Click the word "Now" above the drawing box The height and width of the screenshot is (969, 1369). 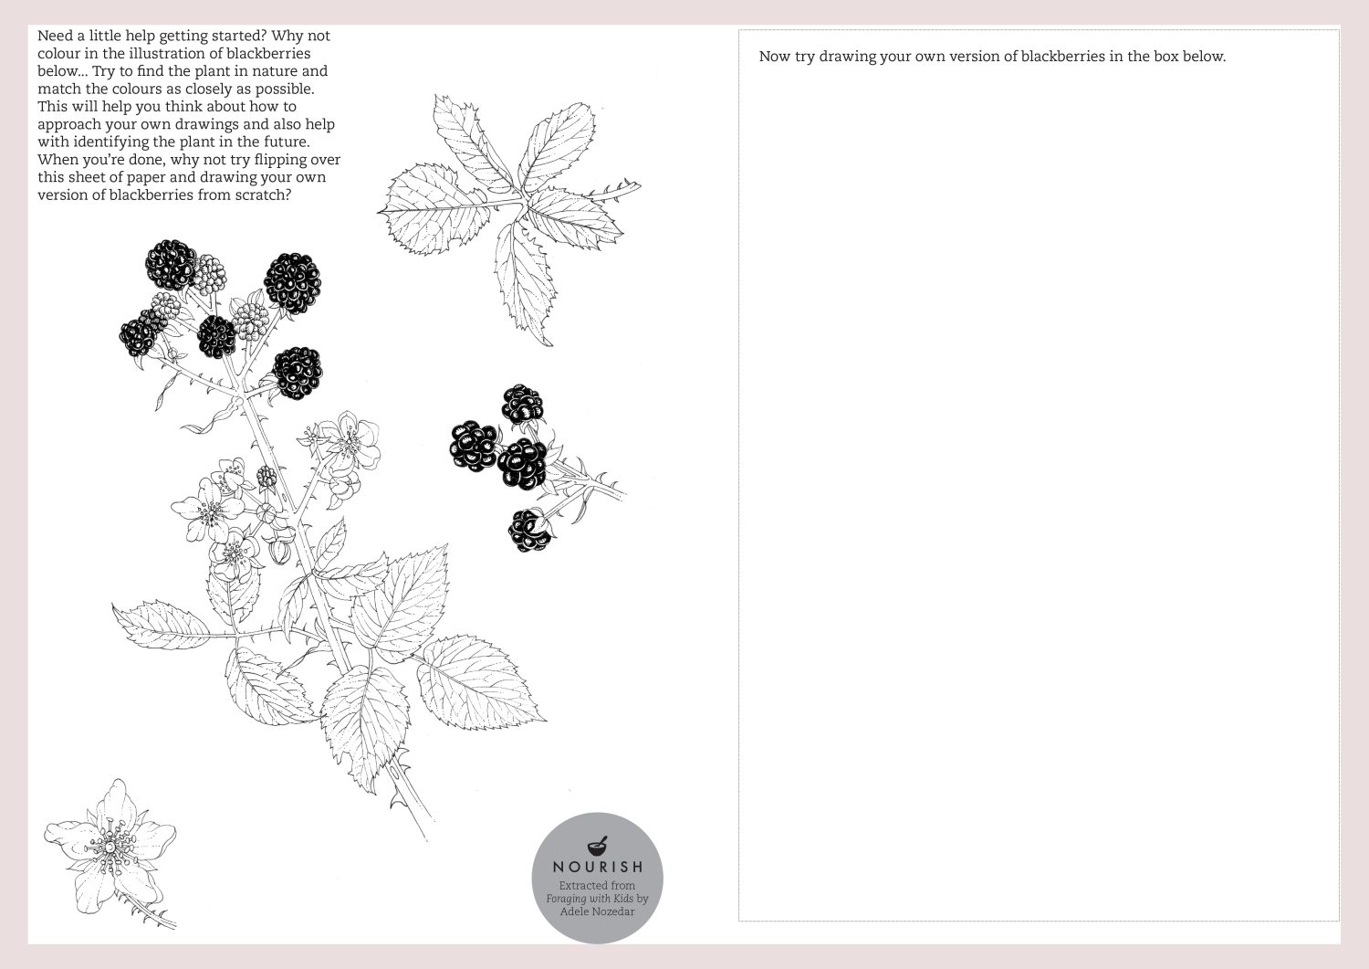[773, 57]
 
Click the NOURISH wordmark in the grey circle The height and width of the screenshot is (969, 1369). [598, 867]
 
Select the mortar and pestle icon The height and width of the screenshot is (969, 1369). [598, 846]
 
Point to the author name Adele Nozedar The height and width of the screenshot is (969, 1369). [597, 911]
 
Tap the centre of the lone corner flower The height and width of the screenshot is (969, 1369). [110, 846]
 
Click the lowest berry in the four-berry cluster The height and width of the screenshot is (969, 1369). [529, 531]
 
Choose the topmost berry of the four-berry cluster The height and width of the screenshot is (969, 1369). [522, 404]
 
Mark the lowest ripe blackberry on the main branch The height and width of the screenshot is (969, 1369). [298, 373]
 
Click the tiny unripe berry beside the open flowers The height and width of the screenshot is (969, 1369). [266, 477]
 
